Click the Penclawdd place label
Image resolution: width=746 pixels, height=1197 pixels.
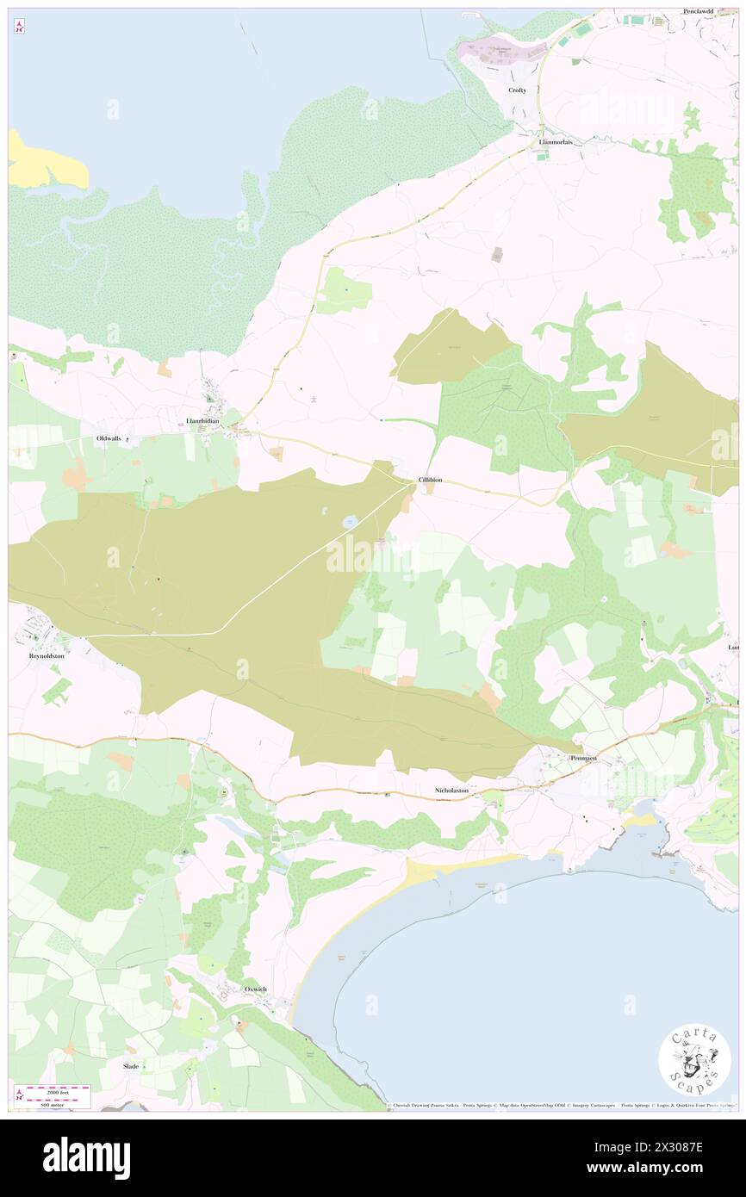pos(701,11)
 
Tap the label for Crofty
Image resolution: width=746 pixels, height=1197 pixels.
pos(517,90)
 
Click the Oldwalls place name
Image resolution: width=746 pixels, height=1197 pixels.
pos(108,438)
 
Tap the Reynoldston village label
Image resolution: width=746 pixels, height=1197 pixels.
pos(47,655)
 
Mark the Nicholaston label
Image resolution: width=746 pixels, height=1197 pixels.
pos(451,790)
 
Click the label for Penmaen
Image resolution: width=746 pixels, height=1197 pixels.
pos(584,758)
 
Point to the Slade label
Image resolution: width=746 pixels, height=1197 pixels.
pos(130,1065)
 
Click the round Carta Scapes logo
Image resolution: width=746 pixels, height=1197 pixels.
pos(694,1059)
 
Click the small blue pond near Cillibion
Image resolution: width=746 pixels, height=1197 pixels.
pos(351,522)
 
